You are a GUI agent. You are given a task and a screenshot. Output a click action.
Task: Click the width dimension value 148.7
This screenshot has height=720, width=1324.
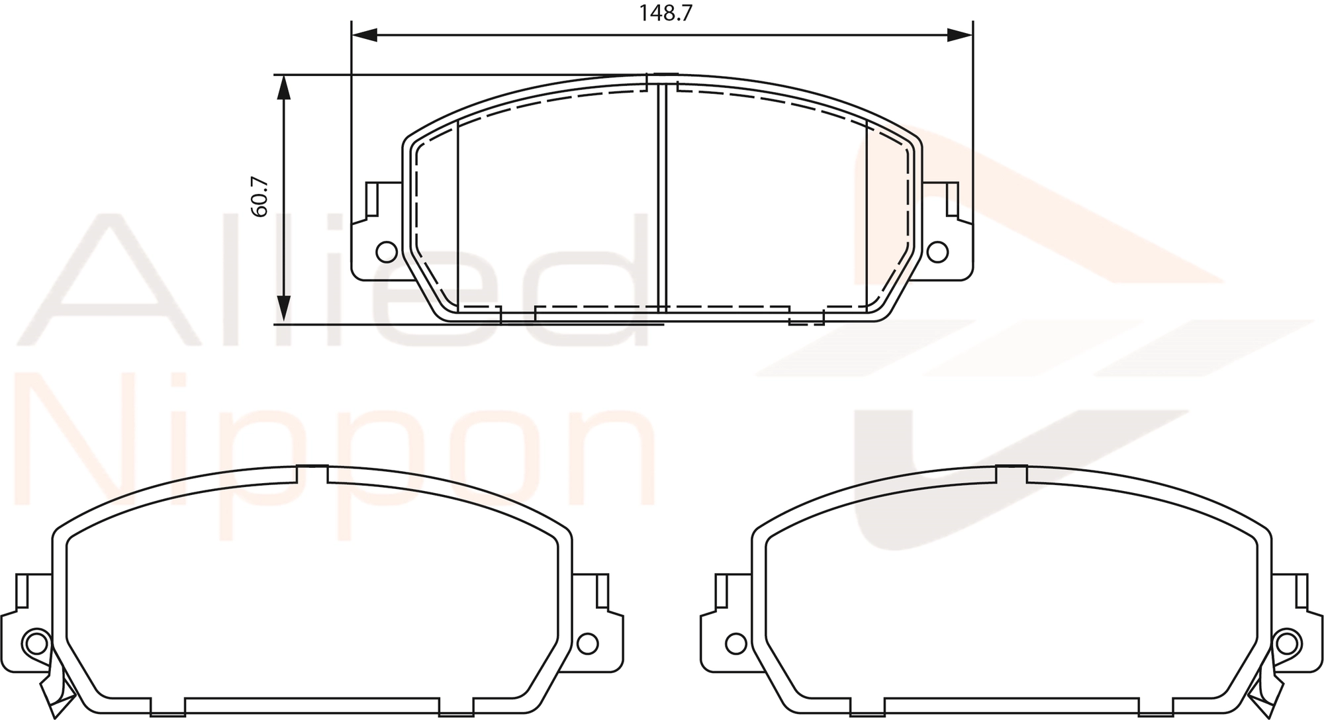coord(665,13)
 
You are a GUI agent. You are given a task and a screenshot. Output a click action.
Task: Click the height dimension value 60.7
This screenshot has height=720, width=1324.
coord(260,197)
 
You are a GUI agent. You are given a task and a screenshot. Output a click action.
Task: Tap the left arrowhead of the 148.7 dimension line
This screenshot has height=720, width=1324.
coord(363,35)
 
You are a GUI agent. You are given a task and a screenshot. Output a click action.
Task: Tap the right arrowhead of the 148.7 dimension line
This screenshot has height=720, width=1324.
coord(960,35)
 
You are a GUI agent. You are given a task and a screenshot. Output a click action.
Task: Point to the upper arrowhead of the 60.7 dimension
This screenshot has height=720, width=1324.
coord(283,87)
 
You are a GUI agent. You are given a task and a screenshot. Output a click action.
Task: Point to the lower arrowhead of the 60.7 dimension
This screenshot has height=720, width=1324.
coord(283,310)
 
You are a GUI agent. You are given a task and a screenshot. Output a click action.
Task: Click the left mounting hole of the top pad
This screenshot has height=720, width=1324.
coord(386,251)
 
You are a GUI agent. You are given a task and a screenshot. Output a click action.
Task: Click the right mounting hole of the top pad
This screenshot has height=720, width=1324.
coord(937,251)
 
